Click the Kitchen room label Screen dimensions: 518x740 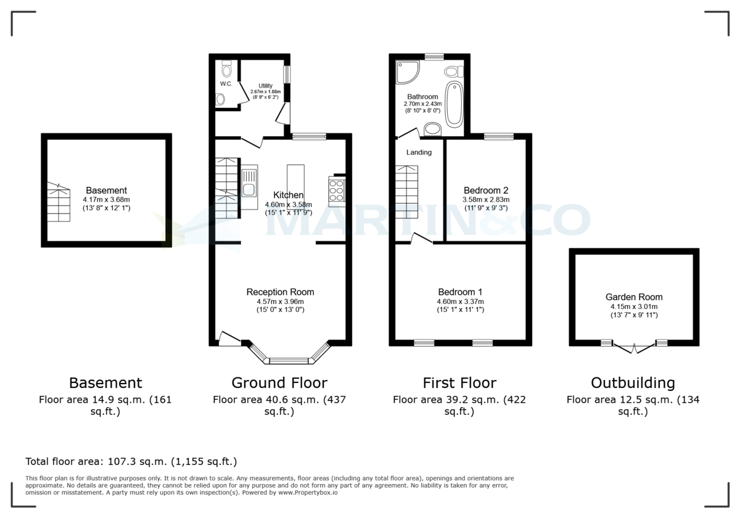coord(288,195)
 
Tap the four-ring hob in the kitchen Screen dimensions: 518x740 coord(337,190)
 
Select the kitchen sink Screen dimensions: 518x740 coord(249,184)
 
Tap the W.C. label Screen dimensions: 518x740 coord(226,84)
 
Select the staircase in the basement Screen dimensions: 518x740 coord(59,203)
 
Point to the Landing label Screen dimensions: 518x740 coord(419,152)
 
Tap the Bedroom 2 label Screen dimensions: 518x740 coord(486,190)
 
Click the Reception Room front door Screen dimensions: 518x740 coord(229,338)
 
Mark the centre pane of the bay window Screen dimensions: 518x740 coord(289,361)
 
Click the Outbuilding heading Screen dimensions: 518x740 coord(633,383)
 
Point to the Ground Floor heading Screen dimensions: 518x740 coord(279,383)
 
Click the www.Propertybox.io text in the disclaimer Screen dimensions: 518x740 coord(307,493)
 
